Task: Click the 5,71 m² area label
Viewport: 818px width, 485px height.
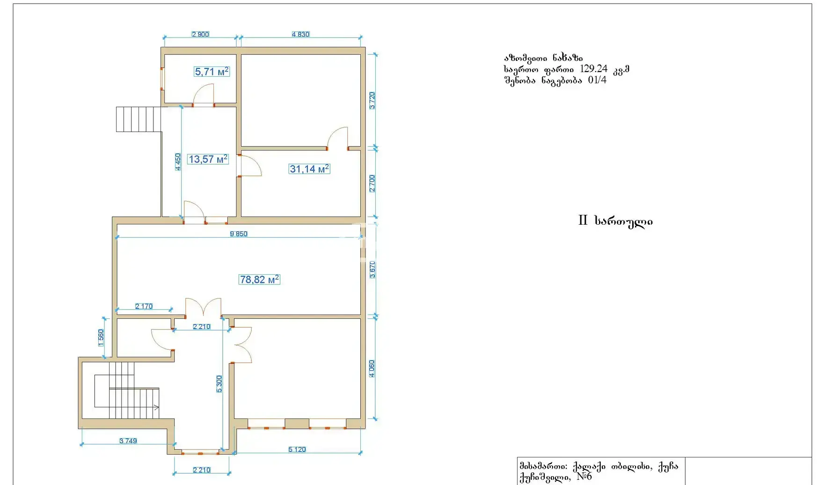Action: coord(212,72)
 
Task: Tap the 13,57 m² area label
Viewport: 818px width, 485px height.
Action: coord(208,159)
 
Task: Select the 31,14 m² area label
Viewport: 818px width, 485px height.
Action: coord(309,169)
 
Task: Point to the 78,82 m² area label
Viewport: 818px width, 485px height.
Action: coord(259,279)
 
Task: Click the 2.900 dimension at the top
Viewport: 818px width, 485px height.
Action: coord(200,34)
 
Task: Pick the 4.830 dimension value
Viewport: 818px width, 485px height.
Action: coord(300,34)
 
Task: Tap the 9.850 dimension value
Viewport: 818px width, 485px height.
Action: coord(239,234)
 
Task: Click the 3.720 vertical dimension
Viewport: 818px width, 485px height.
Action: coord(372,101)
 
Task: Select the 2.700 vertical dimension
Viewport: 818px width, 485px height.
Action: coord(372,184)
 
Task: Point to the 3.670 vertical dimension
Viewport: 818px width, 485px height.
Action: coord(372,270)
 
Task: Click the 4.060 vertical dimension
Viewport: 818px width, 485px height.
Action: coord(372,368)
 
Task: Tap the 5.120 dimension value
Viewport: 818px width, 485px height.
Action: coord(297,449)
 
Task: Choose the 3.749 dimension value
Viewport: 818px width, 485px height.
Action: coord(128,441)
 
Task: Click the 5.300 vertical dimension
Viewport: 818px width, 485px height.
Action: coord(219,384)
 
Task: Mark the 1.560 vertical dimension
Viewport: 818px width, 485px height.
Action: coord(101,338)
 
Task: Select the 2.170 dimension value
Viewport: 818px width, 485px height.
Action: coord(144,306)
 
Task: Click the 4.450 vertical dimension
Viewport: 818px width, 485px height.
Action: coord(178,162)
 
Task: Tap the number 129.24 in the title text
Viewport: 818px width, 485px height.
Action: coord(593,69)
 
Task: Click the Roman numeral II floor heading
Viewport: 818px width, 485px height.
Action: coord(583,220)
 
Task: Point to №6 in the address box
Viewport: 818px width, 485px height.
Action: coord(584,477)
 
